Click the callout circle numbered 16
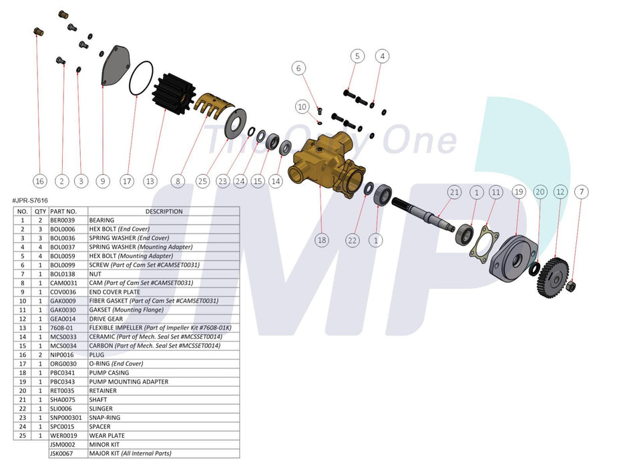click(39, 181)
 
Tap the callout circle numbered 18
click(322, 239)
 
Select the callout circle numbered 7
click(582, 193)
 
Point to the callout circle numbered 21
click(454, 193)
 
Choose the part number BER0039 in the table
click(62, 220)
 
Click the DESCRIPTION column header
click(163, 211)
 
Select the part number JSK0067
click(62, 453)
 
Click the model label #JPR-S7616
click(30, 201)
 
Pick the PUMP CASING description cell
click(110, 372)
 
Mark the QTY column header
click(40, 211)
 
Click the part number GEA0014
click(62, 319)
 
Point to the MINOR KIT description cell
click(104, 445)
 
